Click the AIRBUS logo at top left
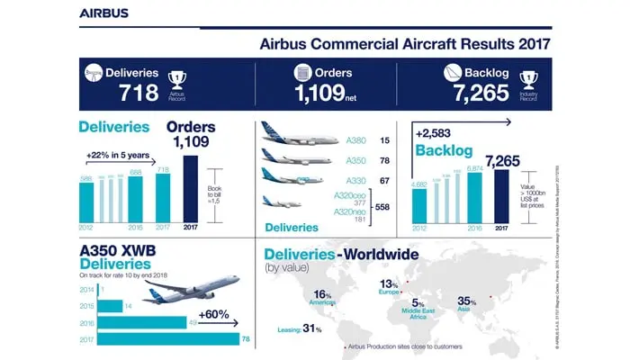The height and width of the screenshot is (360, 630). coord(103,13)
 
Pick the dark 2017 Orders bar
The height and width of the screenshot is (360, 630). coord(191,187)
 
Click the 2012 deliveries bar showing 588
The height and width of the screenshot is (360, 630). coord(87,199)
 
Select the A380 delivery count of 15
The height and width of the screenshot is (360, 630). coord(384,140)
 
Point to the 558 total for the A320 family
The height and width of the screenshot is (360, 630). coord(391,207)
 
